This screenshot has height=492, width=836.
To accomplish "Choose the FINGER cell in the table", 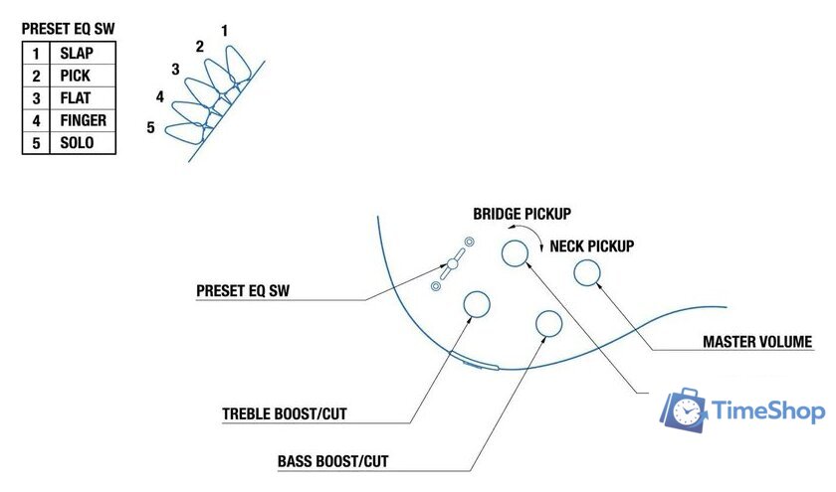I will click(83, 120).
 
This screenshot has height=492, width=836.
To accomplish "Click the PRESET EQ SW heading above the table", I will click(69, 29).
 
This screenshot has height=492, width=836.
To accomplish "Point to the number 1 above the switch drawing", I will click(224, 31).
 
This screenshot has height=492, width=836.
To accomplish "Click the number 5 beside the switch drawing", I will click(150, 127).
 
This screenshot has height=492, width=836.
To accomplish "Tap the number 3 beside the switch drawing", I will click(175, 70).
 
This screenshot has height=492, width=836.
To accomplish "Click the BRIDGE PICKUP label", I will click(528, 214).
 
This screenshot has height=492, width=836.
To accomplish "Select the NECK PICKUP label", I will click(592, 246).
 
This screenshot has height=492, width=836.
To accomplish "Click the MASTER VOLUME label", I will click(757, 343).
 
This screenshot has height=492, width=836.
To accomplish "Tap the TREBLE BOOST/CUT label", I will click(285, 413).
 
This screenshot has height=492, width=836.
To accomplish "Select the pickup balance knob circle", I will click(516, 253).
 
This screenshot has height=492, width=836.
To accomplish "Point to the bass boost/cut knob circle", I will click(548, 323).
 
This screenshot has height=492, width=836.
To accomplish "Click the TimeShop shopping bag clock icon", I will click(684, 410).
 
